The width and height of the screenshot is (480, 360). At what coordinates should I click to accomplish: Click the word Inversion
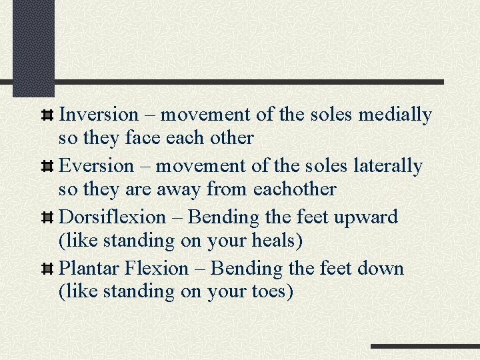pyautogui.click(x=99, y=115)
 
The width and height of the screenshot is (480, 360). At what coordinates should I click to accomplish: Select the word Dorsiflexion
pyautogui.click(x=112, y=217)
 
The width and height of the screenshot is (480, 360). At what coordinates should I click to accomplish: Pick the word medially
pyautogui.click(x=395, y=115)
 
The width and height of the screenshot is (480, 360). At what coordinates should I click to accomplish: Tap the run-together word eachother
pyautogui.click(x=295, y=189)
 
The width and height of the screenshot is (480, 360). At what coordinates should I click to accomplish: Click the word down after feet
pyautogui.click(x=380, y=268)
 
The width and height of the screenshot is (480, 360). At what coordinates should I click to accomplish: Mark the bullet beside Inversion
pyautogui.click(x=47, y=115)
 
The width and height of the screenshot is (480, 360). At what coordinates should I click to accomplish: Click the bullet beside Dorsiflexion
pyautogui.click(x=47, y=218)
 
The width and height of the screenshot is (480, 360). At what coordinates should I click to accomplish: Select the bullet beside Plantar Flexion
pyautogui.click(x=47, y=269)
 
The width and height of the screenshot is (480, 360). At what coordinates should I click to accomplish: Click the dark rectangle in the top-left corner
pyautogui.click(x=33, y=48)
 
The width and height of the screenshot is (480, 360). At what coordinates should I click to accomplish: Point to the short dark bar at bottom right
pyautogui.click(x=425, y=347)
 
